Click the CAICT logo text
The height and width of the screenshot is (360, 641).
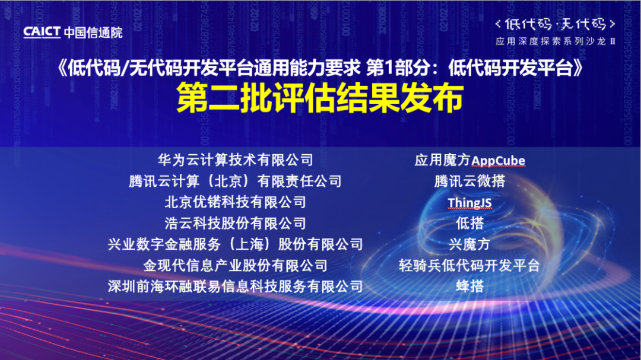(x=42, y=32)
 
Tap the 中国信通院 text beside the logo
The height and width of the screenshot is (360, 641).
(x=93, y=32)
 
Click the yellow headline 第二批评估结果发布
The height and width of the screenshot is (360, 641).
(x=320, y=98)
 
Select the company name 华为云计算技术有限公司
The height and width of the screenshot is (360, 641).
(x=236, y=160)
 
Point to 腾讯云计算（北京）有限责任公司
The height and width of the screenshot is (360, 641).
(x=236, y=181)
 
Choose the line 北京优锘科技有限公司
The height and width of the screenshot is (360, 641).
(x=236, y=202)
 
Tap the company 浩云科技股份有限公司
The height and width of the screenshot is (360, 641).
(x=236, y=224)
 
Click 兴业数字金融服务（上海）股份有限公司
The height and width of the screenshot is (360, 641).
(x=236, y=244)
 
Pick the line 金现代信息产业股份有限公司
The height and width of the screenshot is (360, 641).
(x=236, y=266)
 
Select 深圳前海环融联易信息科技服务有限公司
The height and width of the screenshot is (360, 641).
(x=236, y=286)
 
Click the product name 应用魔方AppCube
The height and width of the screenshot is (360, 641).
(x=469, y=160)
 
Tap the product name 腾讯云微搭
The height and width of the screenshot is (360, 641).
(x=469, y=181)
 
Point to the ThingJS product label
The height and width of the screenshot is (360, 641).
(x=469, y=203)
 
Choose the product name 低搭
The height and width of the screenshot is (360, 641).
(x=469, y=224)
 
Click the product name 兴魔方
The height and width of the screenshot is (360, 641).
(x=469, y=244)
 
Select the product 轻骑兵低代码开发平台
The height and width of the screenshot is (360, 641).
(x=469, y=266)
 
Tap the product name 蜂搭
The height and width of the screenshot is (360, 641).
(x=469, y=286)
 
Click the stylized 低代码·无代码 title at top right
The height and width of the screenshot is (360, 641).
(x=556, y=24)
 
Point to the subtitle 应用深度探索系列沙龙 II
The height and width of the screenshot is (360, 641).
(x=556, y=42)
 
